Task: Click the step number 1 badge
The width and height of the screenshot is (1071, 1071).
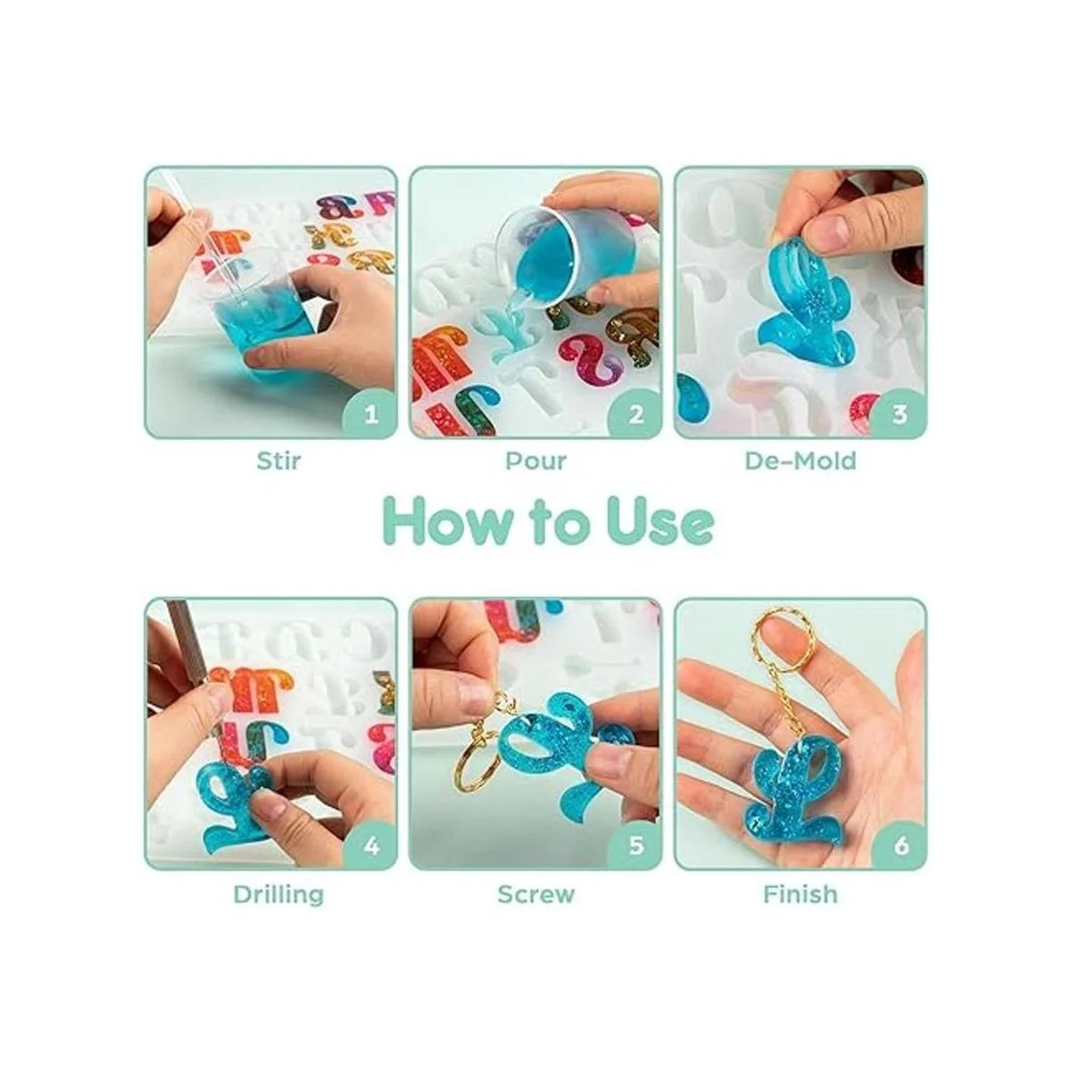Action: coord(369,413)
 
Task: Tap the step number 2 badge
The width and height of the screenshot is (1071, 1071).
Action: coord(635,413)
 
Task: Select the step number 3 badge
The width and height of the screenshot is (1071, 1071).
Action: coord(900,413)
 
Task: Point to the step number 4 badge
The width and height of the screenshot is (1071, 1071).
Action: coord(369,845)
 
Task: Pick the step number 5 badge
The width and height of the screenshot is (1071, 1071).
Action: coord(635,845)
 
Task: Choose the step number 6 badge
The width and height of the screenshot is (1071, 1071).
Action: coord(900,845)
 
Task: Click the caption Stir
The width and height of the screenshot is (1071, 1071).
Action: coord(278,461)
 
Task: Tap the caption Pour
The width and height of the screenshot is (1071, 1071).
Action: coord(535,461)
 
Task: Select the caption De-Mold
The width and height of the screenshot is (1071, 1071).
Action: coord(801,461)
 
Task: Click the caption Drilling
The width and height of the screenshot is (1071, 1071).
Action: coord(278,895)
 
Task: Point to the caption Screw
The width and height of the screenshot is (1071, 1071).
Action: coord(535,894)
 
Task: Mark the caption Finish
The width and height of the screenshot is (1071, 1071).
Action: coord(801,893)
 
